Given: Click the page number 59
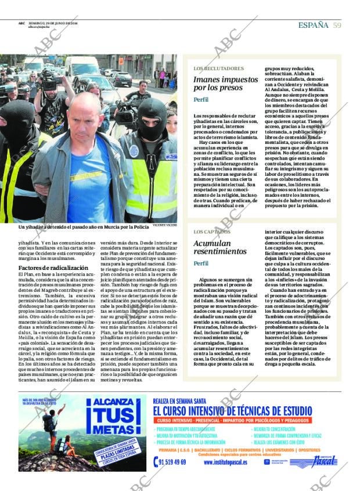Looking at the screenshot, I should (x=337, y=25).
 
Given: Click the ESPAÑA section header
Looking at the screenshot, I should (x=313, y=25).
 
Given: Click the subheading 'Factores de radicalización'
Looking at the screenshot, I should (x=53, y=268).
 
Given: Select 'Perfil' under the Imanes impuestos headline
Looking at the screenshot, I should (x=201, y=100).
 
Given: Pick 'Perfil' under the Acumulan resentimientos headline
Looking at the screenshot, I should (x=201, y=263).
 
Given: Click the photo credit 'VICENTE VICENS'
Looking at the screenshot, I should (x=165, y=224).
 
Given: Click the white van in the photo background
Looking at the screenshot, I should (x=82, y=66).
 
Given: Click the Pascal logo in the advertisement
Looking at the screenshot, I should (x=314, y=462).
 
